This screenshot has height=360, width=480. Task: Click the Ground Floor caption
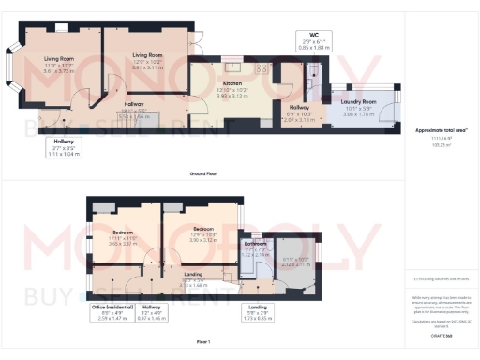(x=204, y=173)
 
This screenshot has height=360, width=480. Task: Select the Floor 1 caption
(x=204, y=340)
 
